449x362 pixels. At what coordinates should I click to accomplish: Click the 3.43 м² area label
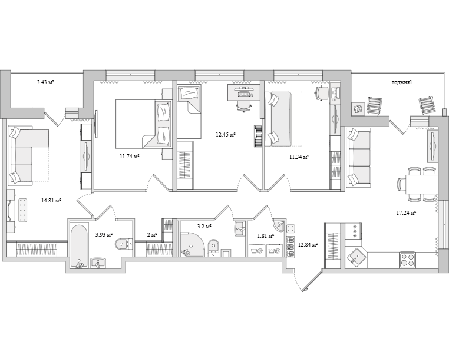coord(45,82)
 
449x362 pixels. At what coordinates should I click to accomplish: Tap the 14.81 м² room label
coord(51,201)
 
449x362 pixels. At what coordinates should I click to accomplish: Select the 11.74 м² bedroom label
coord(130,157)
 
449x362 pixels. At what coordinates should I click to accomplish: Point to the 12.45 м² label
coord(225,134)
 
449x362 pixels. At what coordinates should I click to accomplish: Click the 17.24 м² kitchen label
coord(406,212)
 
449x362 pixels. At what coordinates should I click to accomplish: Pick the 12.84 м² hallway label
coord(308,245)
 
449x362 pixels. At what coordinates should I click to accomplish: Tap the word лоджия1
coord(401,82)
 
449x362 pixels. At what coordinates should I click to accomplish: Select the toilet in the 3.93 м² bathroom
coord(123,244)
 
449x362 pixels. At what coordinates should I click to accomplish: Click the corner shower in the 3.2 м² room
coord(192,244)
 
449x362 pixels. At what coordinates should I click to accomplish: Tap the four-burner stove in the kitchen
coord(408,260)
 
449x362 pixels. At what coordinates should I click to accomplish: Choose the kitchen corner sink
coord(356,258)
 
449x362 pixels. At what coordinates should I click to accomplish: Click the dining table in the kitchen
coord(421,184)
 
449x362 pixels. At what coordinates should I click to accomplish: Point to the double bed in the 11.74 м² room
coord(143,124)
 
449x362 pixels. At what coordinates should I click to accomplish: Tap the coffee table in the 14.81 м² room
coord(23,210)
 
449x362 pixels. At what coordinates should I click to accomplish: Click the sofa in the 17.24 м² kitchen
coord(359,158)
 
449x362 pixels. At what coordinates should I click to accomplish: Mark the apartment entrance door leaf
coord(312,281)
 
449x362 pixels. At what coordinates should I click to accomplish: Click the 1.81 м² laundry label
coord(266,236)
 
